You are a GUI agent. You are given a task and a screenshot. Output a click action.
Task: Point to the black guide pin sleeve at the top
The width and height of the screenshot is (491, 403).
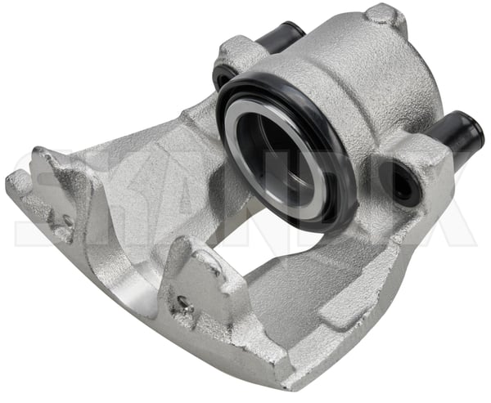tap(279, 37)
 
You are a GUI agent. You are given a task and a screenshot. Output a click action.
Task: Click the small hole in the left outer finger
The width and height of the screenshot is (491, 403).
tap(67, 222)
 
